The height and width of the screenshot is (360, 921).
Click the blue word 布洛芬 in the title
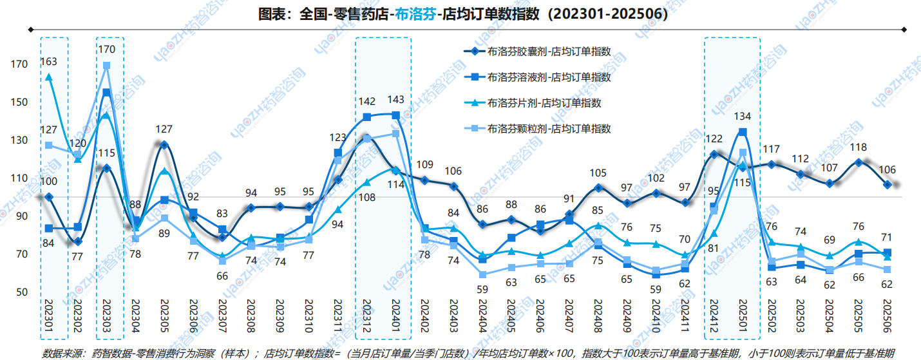click(413, 14)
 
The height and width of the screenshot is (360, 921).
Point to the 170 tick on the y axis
click(19, 64)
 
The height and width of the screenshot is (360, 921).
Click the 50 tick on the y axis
click(22, 292)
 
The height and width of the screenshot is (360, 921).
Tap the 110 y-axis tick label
click(19, 178)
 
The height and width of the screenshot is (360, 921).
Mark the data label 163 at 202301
click(49, 62)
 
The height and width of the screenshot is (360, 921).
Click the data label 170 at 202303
click(107, 49)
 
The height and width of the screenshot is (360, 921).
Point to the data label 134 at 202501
click(743, 117)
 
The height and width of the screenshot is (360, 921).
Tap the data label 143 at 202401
click(396, 100)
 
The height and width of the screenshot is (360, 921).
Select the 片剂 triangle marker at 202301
click(49, 77)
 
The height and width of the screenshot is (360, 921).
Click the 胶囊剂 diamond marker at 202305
click(164, 145)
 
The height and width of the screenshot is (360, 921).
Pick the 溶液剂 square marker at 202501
click(743, 132)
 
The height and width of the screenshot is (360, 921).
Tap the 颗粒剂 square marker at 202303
click(107, 65)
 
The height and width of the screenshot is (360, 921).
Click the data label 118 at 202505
click(858, 147)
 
